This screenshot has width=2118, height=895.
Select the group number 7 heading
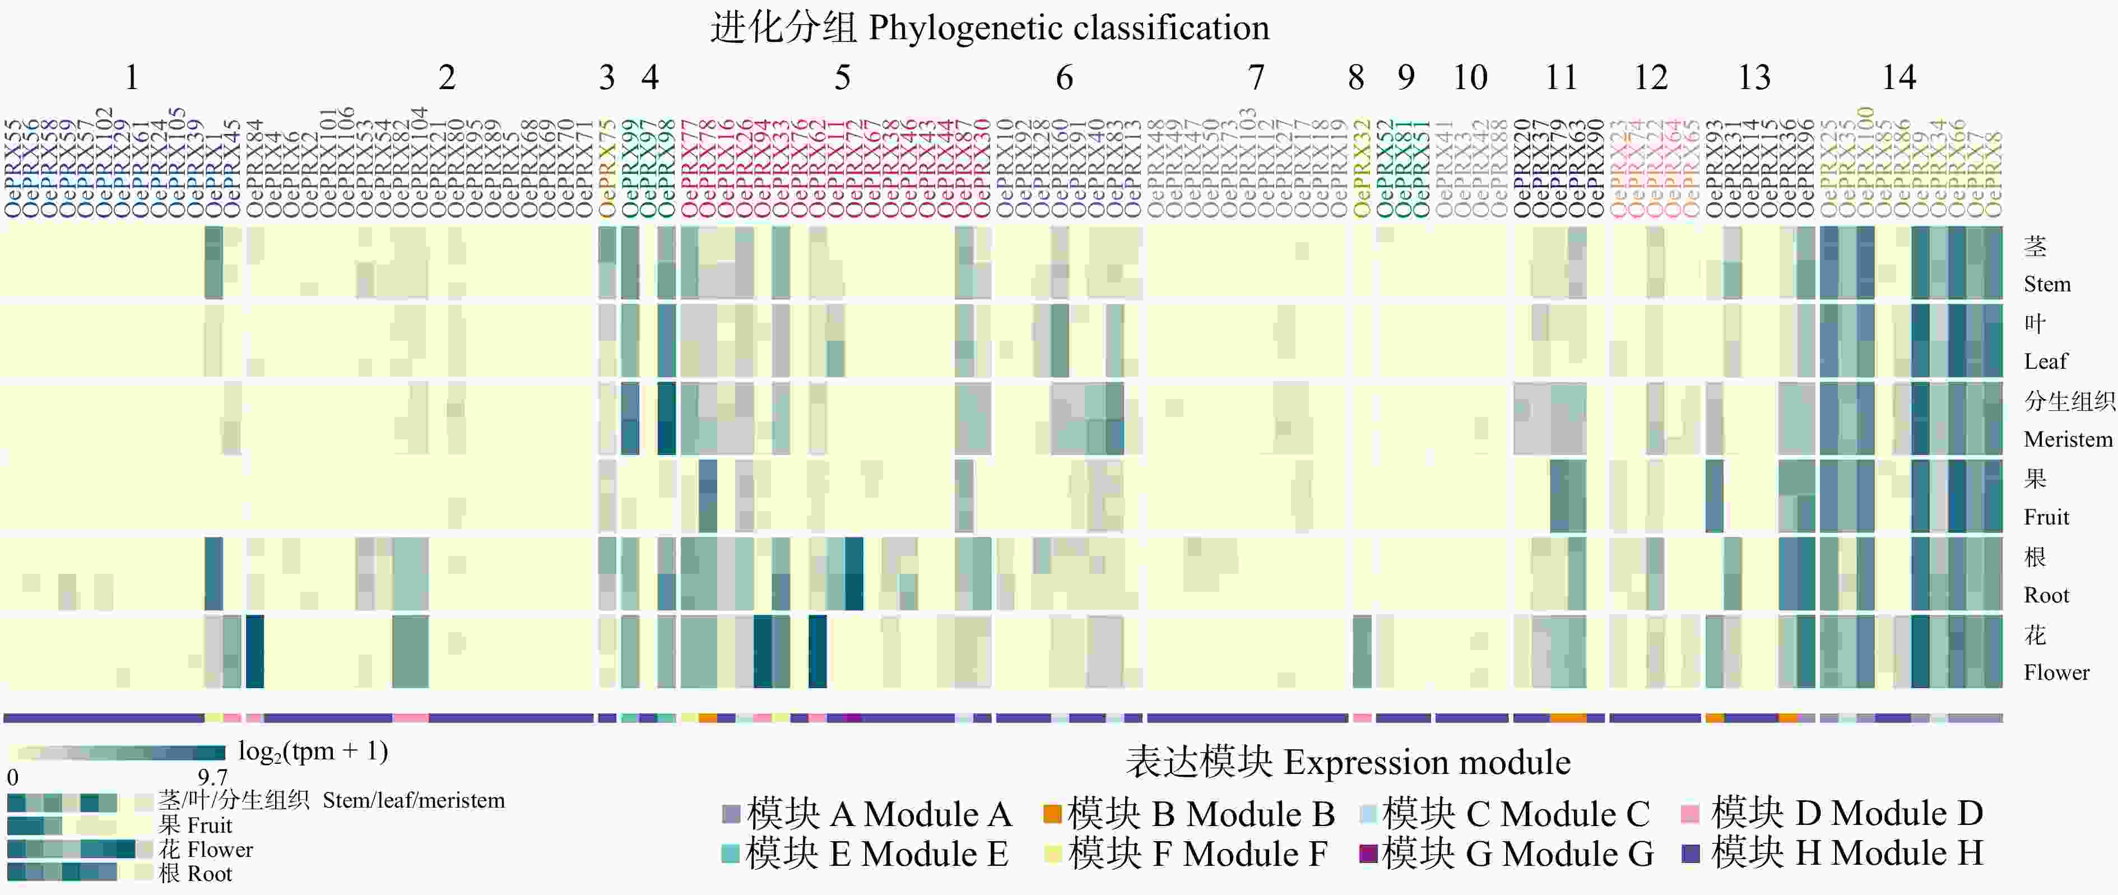click(1256, 77)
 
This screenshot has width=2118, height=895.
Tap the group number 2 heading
click(447, 77)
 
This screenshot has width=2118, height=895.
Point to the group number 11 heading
click(1560, 77)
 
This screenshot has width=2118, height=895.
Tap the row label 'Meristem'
click(2067, 439)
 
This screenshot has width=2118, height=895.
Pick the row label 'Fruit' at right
click(2046, 517)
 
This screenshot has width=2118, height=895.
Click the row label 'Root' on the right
click(2046, 595)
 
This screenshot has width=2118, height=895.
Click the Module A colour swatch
click(730, 814)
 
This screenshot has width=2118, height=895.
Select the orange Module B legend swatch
click(1052, 814)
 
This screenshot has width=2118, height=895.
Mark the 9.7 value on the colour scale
click(212, 777)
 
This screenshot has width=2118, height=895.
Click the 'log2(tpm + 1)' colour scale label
click(313, 751)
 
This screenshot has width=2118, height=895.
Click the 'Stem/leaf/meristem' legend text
click(414, 800)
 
